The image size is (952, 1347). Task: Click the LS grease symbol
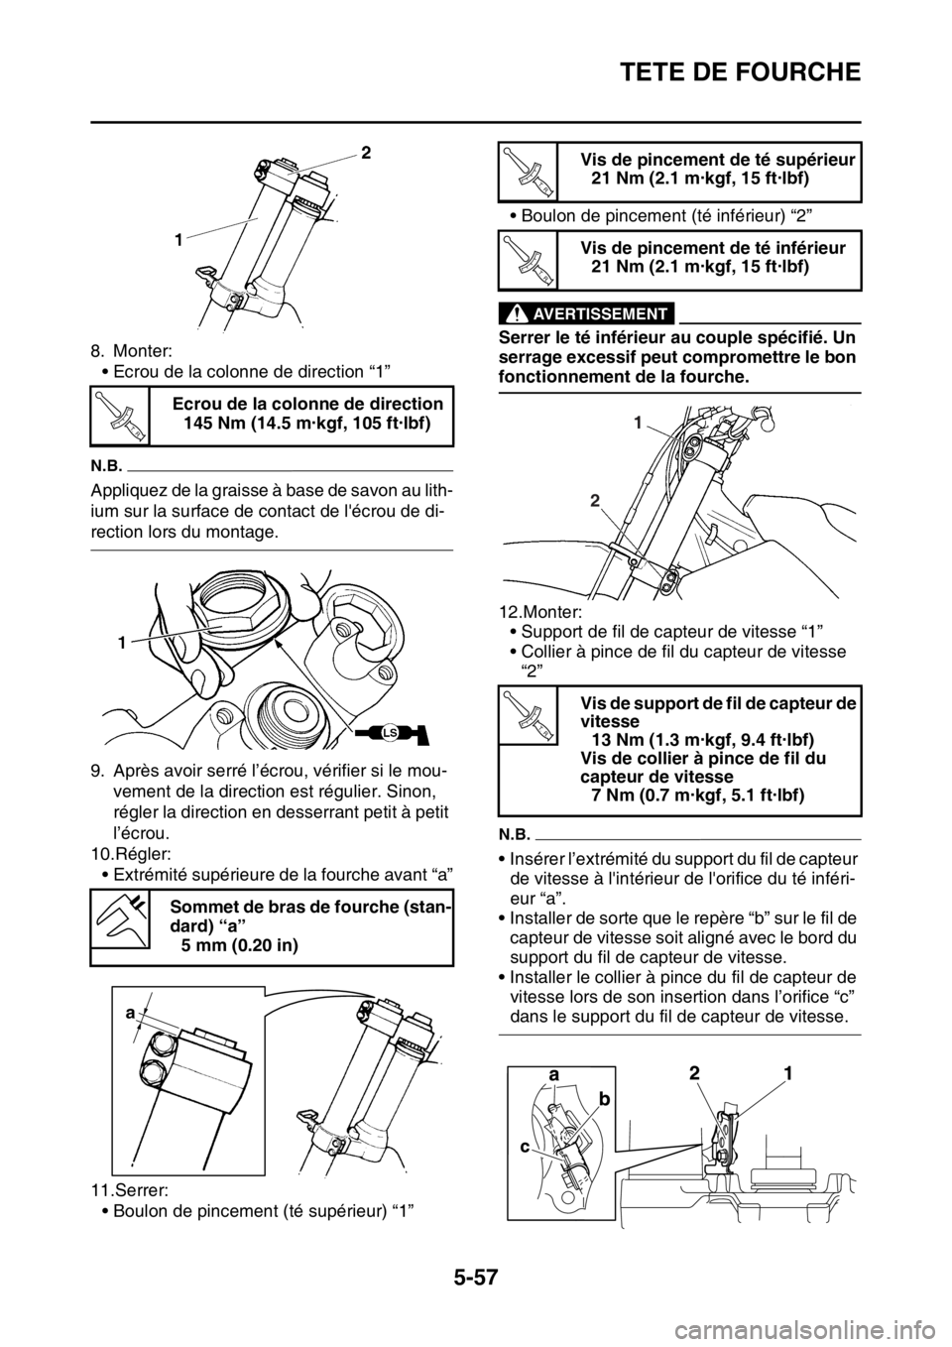[391, 733]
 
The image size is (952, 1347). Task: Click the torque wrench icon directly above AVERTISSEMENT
[527, 258]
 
